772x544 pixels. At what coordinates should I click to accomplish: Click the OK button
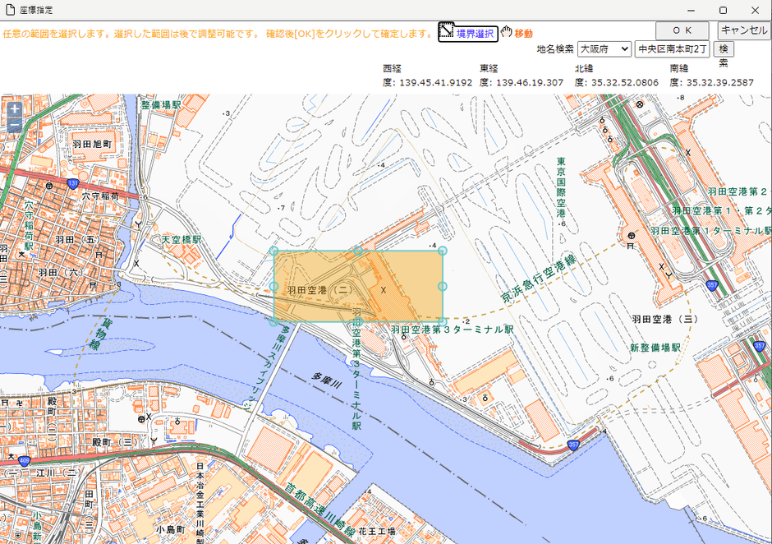[687, 30]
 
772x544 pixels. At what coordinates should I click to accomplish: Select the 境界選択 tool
[467, 33]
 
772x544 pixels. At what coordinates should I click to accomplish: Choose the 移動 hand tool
[517, 33]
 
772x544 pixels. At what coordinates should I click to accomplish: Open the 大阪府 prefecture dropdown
[604, 49]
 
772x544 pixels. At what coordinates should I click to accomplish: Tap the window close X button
[755, 10]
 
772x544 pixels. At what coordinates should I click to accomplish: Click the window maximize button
[723, 10]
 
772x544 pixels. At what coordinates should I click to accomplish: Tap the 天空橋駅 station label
[182, 239]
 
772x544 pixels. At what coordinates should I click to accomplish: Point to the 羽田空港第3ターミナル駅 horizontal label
[452, 330]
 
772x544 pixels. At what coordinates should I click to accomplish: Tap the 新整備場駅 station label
[655, 348]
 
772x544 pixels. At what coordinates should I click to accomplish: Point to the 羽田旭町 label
[91, 143]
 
